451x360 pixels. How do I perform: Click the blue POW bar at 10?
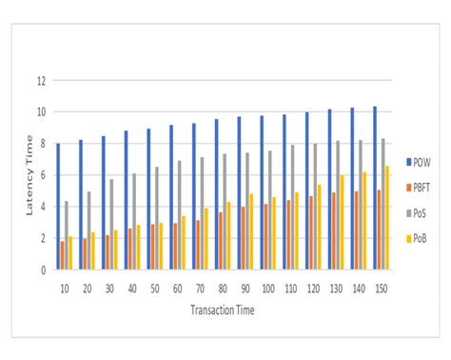[x=58, y=207]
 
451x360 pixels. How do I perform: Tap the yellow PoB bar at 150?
[x=386, y=218]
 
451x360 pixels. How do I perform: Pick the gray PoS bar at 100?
[x=269, y=210]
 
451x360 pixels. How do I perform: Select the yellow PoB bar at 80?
[x=229, y=236]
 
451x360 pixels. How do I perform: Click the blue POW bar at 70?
[x=193, y=196]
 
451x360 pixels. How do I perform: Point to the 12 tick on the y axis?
[x=42, y=81]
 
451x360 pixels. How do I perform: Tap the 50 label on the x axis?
[x=155, y=287]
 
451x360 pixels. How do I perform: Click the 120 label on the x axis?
[x=313, y=287]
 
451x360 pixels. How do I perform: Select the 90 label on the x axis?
[x=245, y=287]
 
